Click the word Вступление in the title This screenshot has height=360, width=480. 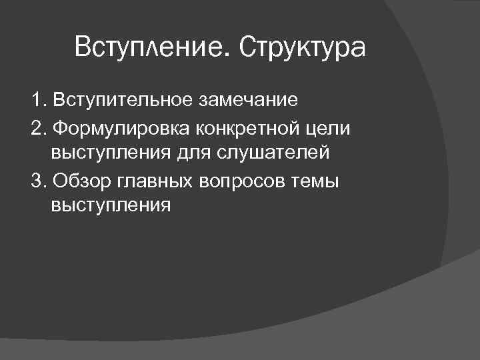click(151, 48)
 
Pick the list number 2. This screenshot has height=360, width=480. click(37, 127)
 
